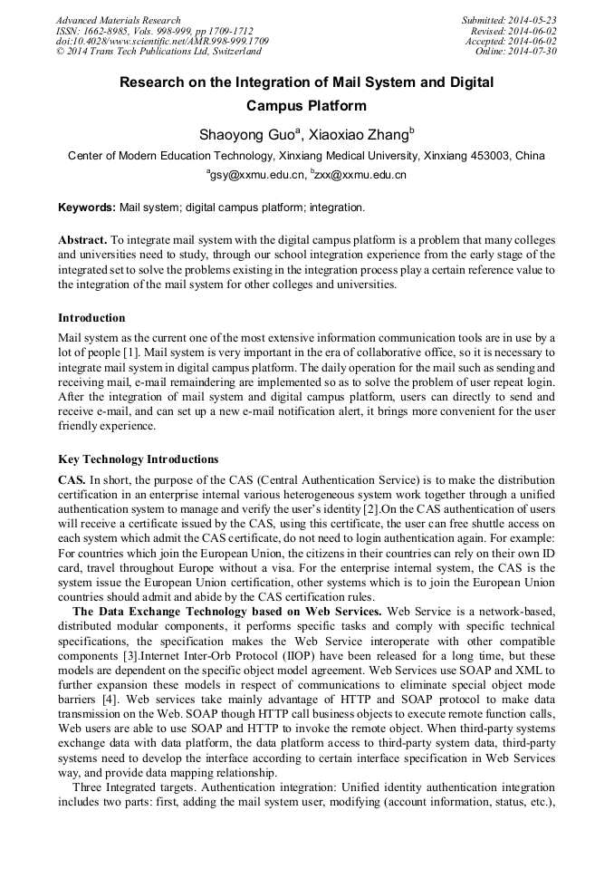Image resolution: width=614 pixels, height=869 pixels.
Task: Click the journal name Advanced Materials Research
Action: (118, 20)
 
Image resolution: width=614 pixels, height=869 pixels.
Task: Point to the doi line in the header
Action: (162, 42)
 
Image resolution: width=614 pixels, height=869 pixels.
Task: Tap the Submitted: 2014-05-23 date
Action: (510, 20)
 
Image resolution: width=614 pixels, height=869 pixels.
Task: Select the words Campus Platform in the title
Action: (306, 106)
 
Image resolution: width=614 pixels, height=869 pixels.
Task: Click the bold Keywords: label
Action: (87, 208)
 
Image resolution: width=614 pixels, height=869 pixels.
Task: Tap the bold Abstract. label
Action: (82, 240)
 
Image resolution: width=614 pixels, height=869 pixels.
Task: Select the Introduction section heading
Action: (91, 318)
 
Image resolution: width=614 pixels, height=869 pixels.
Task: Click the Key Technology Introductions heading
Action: (138, 459)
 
